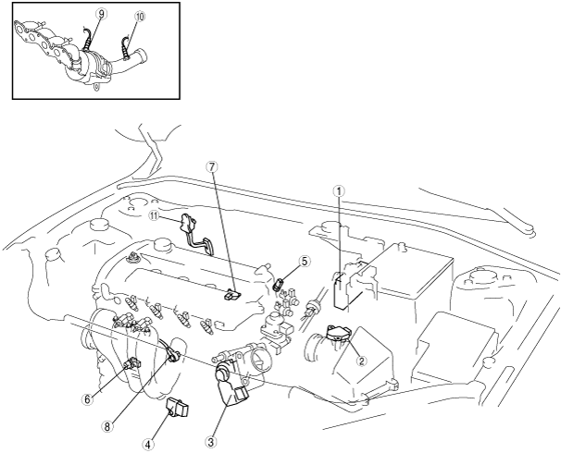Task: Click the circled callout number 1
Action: [x=339, y=191]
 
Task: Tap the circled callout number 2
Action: [x=361, y=361]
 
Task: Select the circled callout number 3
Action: [x=211, y=442]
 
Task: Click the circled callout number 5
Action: [x=304, y=262]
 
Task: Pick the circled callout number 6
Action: [x=87, y=399]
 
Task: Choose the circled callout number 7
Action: [x=212, y=166]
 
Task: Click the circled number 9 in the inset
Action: [x=101, y=14]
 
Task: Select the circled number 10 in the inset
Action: [x=140, y=17]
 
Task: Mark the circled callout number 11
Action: [x=155, y=215]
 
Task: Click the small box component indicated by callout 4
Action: [x=177, y=408]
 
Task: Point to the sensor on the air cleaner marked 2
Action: [x=338, y=333]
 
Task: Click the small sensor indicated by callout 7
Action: [x=232, y=295]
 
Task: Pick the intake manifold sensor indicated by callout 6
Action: [x=132, y=364]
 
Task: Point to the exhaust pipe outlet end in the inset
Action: [x=143, y=56]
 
